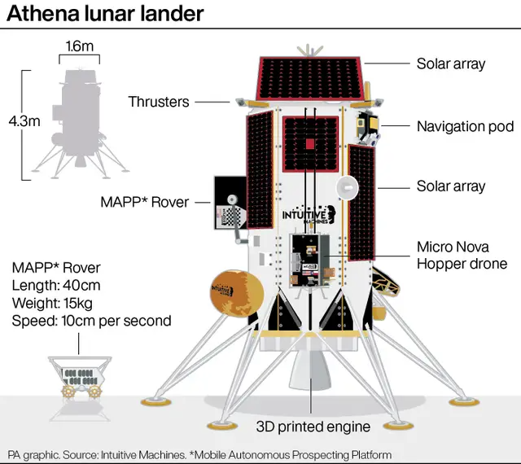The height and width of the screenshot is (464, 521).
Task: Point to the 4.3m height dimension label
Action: click(x=24, y=120)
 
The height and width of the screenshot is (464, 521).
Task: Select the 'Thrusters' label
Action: click(x=159, y=103)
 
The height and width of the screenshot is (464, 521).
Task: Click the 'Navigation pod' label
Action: click(x=465, y=126)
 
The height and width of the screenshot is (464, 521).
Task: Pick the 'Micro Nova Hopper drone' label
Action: click(x=462, y=255)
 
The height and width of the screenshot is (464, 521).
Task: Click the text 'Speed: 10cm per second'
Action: click(x=91, y=320)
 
